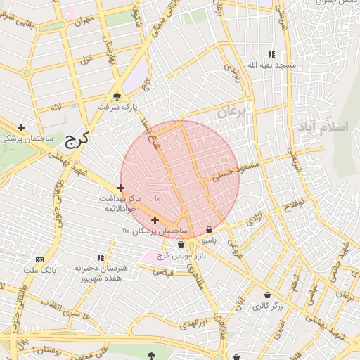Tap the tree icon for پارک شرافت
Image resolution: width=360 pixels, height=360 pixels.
(x=117, y=97)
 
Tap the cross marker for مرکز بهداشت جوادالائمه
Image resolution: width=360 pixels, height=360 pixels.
(x=121, y=188)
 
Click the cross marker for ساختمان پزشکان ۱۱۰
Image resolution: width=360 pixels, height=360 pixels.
(x=155, y=220)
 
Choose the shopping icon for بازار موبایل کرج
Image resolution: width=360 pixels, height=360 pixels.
(x=181, y=244)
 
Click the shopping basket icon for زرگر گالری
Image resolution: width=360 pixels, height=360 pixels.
(x=267, y=295)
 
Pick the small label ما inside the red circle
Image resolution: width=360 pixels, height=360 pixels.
(x=157, y=199)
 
